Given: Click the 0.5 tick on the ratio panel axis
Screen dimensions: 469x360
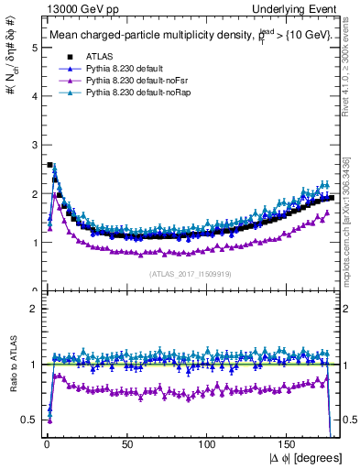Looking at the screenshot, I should (28, 420).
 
